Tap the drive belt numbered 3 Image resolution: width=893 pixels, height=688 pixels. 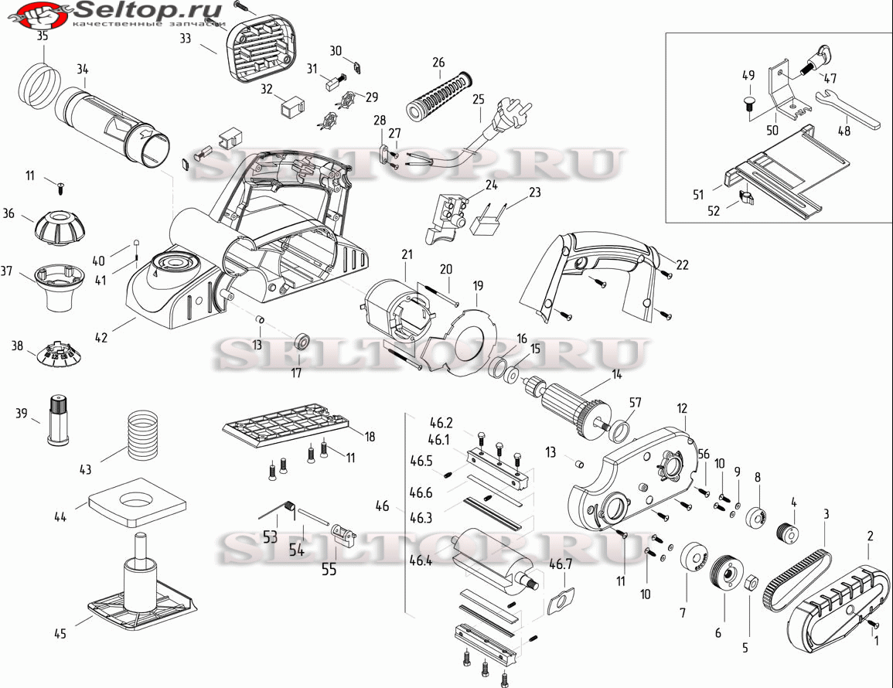point(796,577)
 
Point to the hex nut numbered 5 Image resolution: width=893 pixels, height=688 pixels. point(752,582)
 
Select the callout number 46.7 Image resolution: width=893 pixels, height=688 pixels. point(561,564)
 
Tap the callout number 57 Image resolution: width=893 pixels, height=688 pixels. point(635,404)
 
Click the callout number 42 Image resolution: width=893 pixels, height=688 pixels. point(101,337)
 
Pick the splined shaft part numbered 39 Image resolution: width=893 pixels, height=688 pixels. point(58,419)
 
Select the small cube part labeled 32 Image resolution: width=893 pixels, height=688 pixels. point(293,107)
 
